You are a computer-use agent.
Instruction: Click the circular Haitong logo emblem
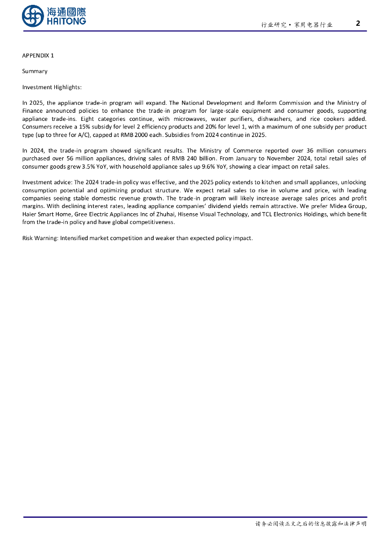click(x=33, y=16)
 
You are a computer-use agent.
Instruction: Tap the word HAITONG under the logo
click(x=66, y=21)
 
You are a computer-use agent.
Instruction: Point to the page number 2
click(x=358, y=23)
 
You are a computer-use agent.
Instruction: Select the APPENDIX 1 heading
click(x=38, y=55)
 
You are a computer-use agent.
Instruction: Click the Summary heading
click(x=35, y=71)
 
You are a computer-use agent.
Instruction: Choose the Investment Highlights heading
click(x=52, y=87)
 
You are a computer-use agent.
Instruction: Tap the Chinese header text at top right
click(x=297, y=25)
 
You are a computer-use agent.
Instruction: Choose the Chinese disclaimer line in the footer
click(x=311, y=524)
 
